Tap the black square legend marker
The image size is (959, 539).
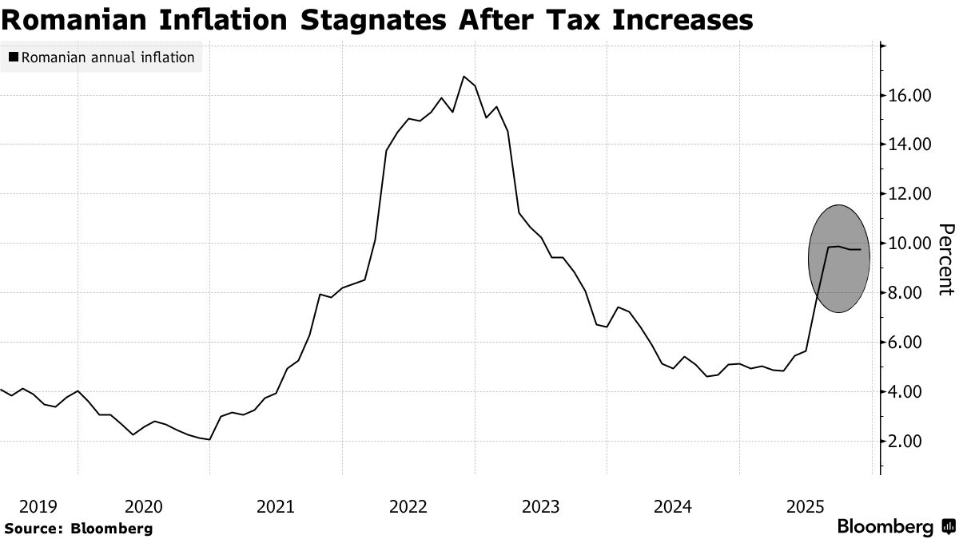tap(14, 57)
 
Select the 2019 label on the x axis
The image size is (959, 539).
tap(38, 506)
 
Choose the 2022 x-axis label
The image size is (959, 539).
tap(408, 506)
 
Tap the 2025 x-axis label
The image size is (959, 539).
tap(806, 506)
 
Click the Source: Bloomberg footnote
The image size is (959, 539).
tap(78, 528)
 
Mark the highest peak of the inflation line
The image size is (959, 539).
tap(464, 77)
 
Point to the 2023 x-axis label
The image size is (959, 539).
tap(540, 506)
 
